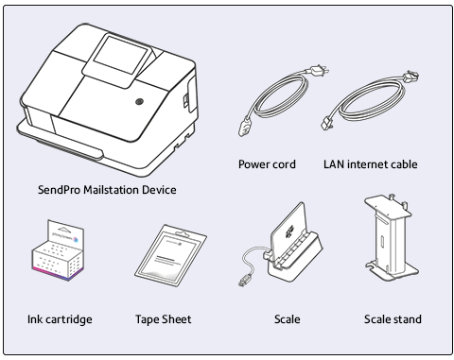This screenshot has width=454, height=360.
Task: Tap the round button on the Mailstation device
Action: pyautogui.click(x=139, y=102)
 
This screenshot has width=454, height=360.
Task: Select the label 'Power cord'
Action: pyautogui.click(x=267, y=164)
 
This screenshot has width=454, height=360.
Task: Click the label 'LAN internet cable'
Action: pyautogui.click(x=371, y=164)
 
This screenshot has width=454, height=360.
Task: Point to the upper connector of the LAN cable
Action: pyautogui.click(x=410, y=77)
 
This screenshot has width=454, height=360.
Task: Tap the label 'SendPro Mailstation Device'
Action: pyautogui.click(x=107, y=190)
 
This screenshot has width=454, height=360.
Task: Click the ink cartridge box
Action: pyautogui.click(x=58, y=250)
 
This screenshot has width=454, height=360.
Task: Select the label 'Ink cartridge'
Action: pyautogui.click(x=60, y=319)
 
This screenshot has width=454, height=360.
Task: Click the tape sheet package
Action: pyautogui.click(x=170, y=255)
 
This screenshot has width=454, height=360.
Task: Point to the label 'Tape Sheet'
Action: pyautogui.click(x=164, y=319)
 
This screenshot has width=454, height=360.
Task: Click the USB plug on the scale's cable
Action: pyautogui.click(x=245, y=280)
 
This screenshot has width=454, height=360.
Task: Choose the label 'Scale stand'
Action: pyautogui.click(x=393, y=319)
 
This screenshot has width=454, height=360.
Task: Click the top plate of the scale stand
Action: pyautogui.click(x=388, y=207)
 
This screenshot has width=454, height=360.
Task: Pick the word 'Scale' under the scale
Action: pyautogui.click(x=288, y=319)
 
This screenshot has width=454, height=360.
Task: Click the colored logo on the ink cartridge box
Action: pyautogui.click(x=76, y=240)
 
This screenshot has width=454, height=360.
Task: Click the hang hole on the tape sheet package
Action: pyautogui.click(x=183, y=234)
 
